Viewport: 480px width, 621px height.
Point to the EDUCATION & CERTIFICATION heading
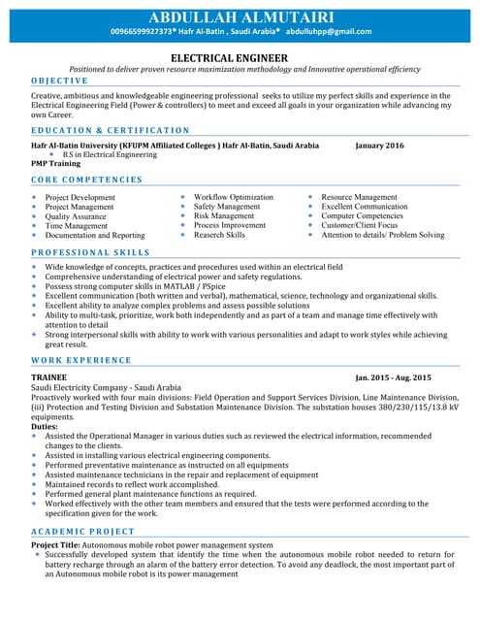(111, 130)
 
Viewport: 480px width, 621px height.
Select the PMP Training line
(56, 164)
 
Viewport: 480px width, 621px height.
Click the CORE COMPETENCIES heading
(86, 180)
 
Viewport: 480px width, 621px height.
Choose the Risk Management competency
(224, 216)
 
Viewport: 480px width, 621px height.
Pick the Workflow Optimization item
(234, 197)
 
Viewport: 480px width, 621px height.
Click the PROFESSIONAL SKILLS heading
(91, 252)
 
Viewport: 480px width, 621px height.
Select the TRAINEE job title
(49, 376)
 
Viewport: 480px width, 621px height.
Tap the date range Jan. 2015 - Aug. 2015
(393, 376)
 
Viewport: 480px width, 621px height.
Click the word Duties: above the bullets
(45, 426)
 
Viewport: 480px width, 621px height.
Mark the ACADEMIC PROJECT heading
(84, 533)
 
